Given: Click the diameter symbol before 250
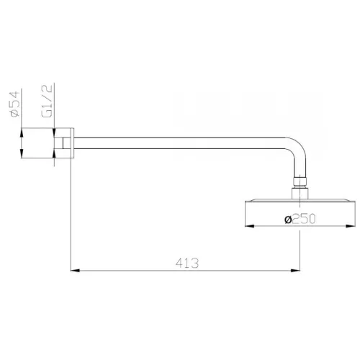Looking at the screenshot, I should [x=287, y=221].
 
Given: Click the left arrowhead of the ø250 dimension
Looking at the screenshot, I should [x=249, y=229].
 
